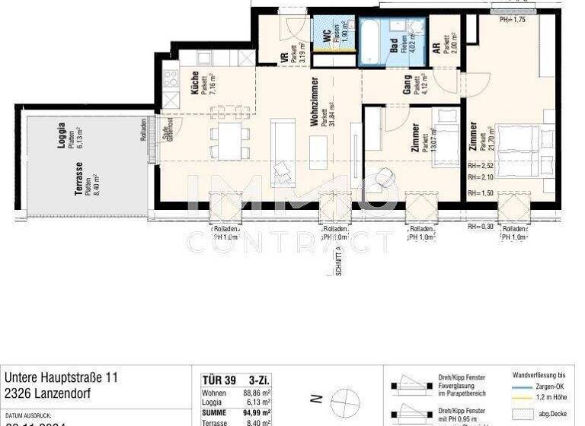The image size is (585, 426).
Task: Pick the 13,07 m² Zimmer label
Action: [415, 138]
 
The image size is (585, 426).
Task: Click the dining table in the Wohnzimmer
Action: [229, 141]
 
